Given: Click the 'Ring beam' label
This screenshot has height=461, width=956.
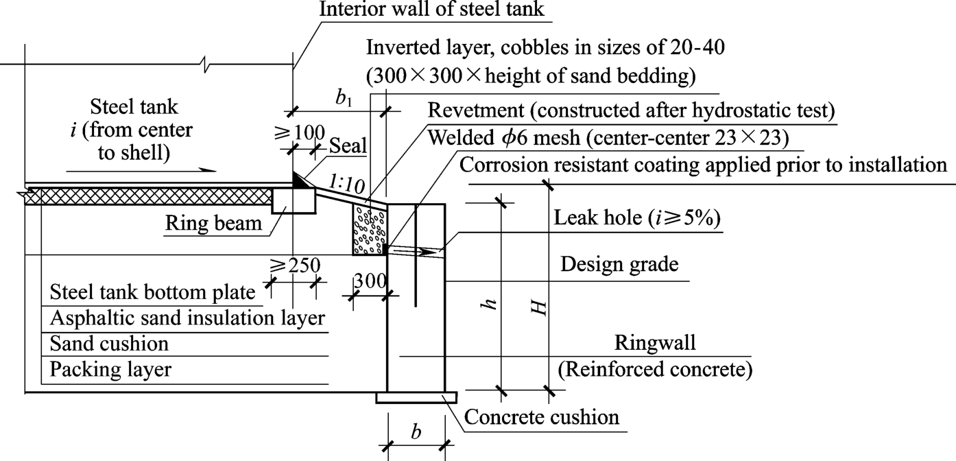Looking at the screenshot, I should [x=214, y=224].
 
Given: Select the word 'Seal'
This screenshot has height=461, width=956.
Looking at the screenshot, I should [x=348, y=145].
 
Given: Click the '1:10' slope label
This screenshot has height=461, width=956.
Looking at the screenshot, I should [x=346, y=184].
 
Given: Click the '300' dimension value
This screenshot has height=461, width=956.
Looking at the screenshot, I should [x=370, y=281].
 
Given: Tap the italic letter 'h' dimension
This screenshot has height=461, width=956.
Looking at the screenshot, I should [x=489, y=305].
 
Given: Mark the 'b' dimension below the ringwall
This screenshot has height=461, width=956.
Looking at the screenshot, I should [x=416, y=432].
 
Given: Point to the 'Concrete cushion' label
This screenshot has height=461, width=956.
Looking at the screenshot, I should [x=542, y=416].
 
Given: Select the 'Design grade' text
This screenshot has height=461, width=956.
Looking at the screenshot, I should [x=619, y=265].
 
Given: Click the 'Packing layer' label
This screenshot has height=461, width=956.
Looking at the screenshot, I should [x=110, y=370].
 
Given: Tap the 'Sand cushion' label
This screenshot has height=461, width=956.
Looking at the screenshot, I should [x=109, y=342].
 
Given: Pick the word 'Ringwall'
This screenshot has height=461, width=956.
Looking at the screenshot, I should [x=655, y=342].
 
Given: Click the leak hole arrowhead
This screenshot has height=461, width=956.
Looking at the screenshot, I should [x=430, y=252].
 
